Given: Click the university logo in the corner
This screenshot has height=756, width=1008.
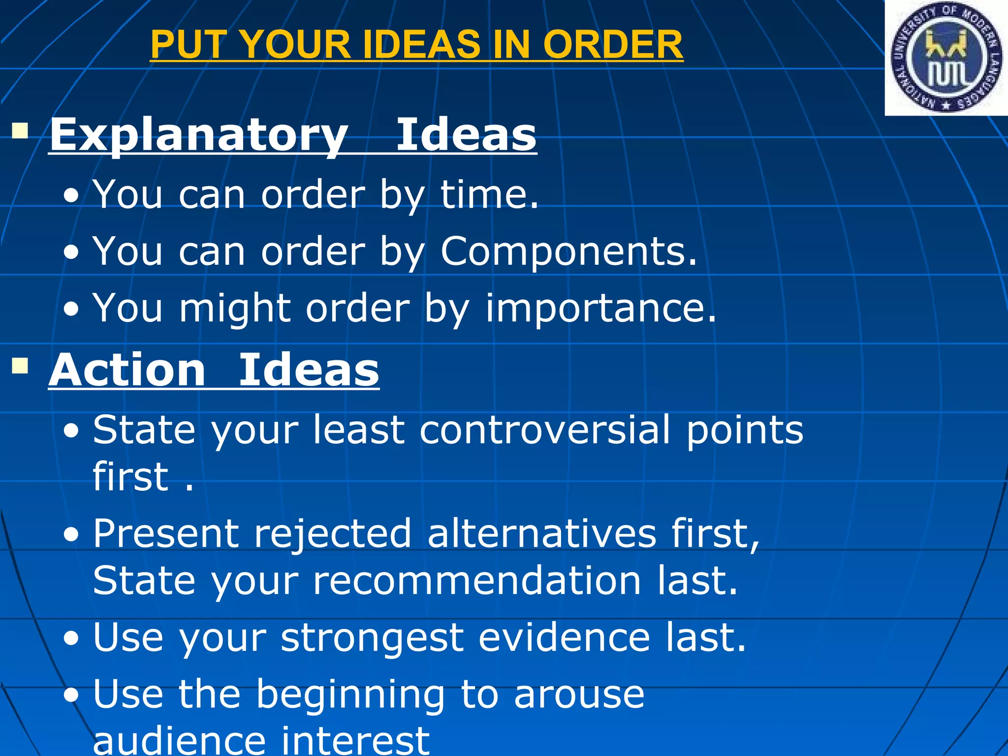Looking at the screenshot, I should [x=946, y=58].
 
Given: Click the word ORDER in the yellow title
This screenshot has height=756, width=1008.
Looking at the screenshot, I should [x=613, y=44].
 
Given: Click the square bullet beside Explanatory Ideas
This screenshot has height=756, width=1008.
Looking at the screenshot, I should [x=20, y=131].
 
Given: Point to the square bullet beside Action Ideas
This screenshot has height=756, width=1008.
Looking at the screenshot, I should [x=20, y=366].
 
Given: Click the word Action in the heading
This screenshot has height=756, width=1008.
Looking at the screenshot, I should [x=127, y=370].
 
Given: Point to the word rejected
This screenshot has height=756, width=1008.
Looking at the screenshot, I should [x=332, y=534].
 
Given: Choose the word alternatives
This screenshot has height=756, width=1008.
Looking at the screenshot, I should [x=542, y=533].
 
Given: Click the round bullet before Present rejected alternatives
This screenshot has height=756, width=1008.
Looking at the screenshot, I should [x=71, y=535].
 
